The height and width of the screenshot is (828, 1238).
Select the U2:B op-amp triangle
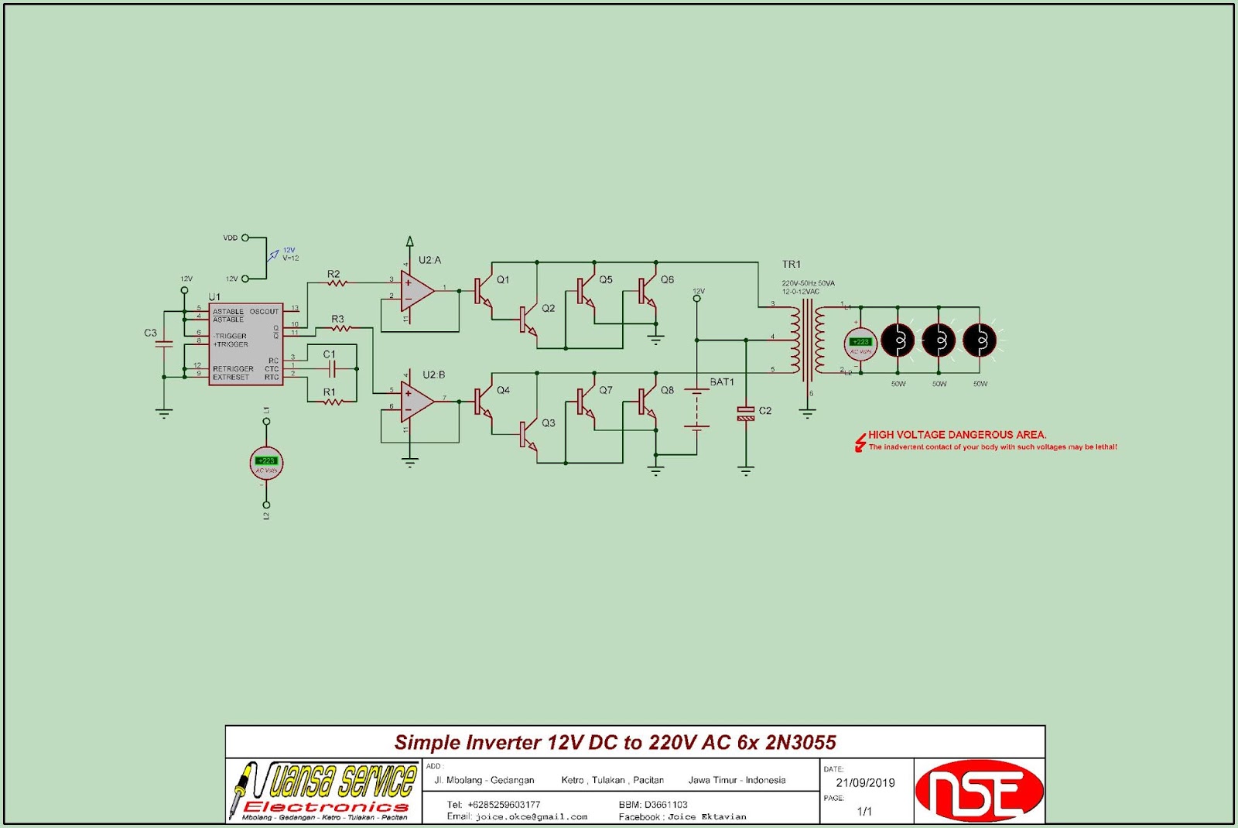(416, 401)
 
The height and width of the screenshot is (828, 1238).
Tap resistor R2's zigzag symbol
(336, 284)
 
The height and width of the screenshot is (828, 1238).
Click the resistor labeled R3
(340, 328)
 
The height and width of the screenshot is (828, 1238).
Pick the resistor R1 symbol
(333, 402)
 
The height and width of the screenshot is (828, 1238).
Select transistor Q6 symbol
(648, 291)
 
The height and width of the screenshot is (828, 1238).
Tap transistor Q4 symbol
(483, 402)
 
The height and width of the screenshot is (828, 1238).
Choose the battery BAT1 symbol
(697, 409)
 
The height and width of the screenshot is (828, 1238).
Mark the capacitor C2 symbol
(746, 413)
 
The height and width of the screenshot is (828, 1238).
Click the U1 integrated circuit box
(245, 344)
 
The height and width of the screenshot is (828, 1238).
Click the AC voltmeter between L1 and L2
(266, 463)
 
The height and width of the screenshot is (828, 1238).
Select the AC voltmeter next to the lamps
(860, 344)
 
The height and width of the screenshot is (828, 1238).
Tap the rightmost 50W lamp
(980, 340)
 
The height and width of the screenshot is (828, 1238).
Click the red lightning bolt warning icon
(860, 442)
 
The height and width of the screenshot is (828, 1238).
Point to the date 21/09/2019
(865, 782)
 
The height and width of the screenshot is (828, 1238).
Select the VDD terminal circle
(245, 238)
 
